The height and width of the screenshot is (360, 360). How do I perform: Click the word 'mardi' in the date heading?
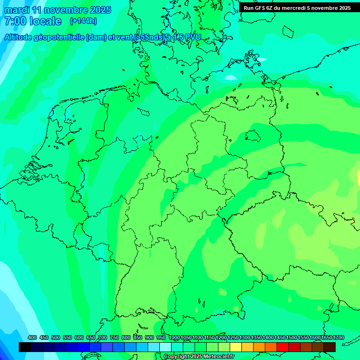pos(15,10)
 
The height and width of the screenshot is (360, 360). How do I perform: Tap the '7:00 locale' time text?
pos(33,21)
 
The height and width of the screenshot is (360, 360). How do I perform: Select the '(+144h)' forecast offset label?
pos(83,21)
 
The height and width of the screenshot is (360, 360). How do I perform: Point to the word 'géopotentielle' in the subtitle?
pos(62,37)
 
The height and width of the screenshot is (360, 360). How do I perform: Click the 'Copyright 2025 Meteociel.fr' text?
pos(199,356)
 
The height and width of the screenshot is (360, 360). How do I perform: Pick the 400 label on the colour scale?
pos(32,337)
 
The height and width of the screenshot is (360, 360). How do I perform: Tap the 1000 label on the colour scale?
pos(174,337)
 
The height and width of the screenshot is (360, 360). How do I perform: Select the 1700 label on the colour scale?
pos(338,337)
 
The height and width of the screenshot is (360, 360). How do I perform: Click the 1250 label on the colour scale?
pos(233,337)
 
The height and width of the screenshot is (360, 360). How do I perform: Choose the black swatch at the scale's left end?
pos(25,347)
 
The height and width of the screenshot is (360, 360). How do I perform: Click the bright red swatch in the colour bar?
pos(283,347)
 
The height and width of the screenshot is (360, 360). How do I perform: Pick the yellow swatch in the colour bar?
pos(236,347)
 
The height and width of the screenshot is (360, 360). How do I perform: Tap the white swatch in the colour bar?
pos(165,347)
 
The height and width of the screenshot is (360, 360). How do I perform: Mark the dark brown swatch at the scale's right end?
pos(330,347)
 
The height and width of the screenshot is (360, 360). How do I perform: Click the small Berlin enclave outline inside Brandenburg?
pos(253,136)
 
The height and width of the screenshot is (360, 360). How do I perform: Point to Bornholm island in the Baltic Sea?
pos(231,77)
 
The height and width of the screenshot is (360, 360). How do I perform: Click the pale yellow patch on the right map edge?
pos(358,178)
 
